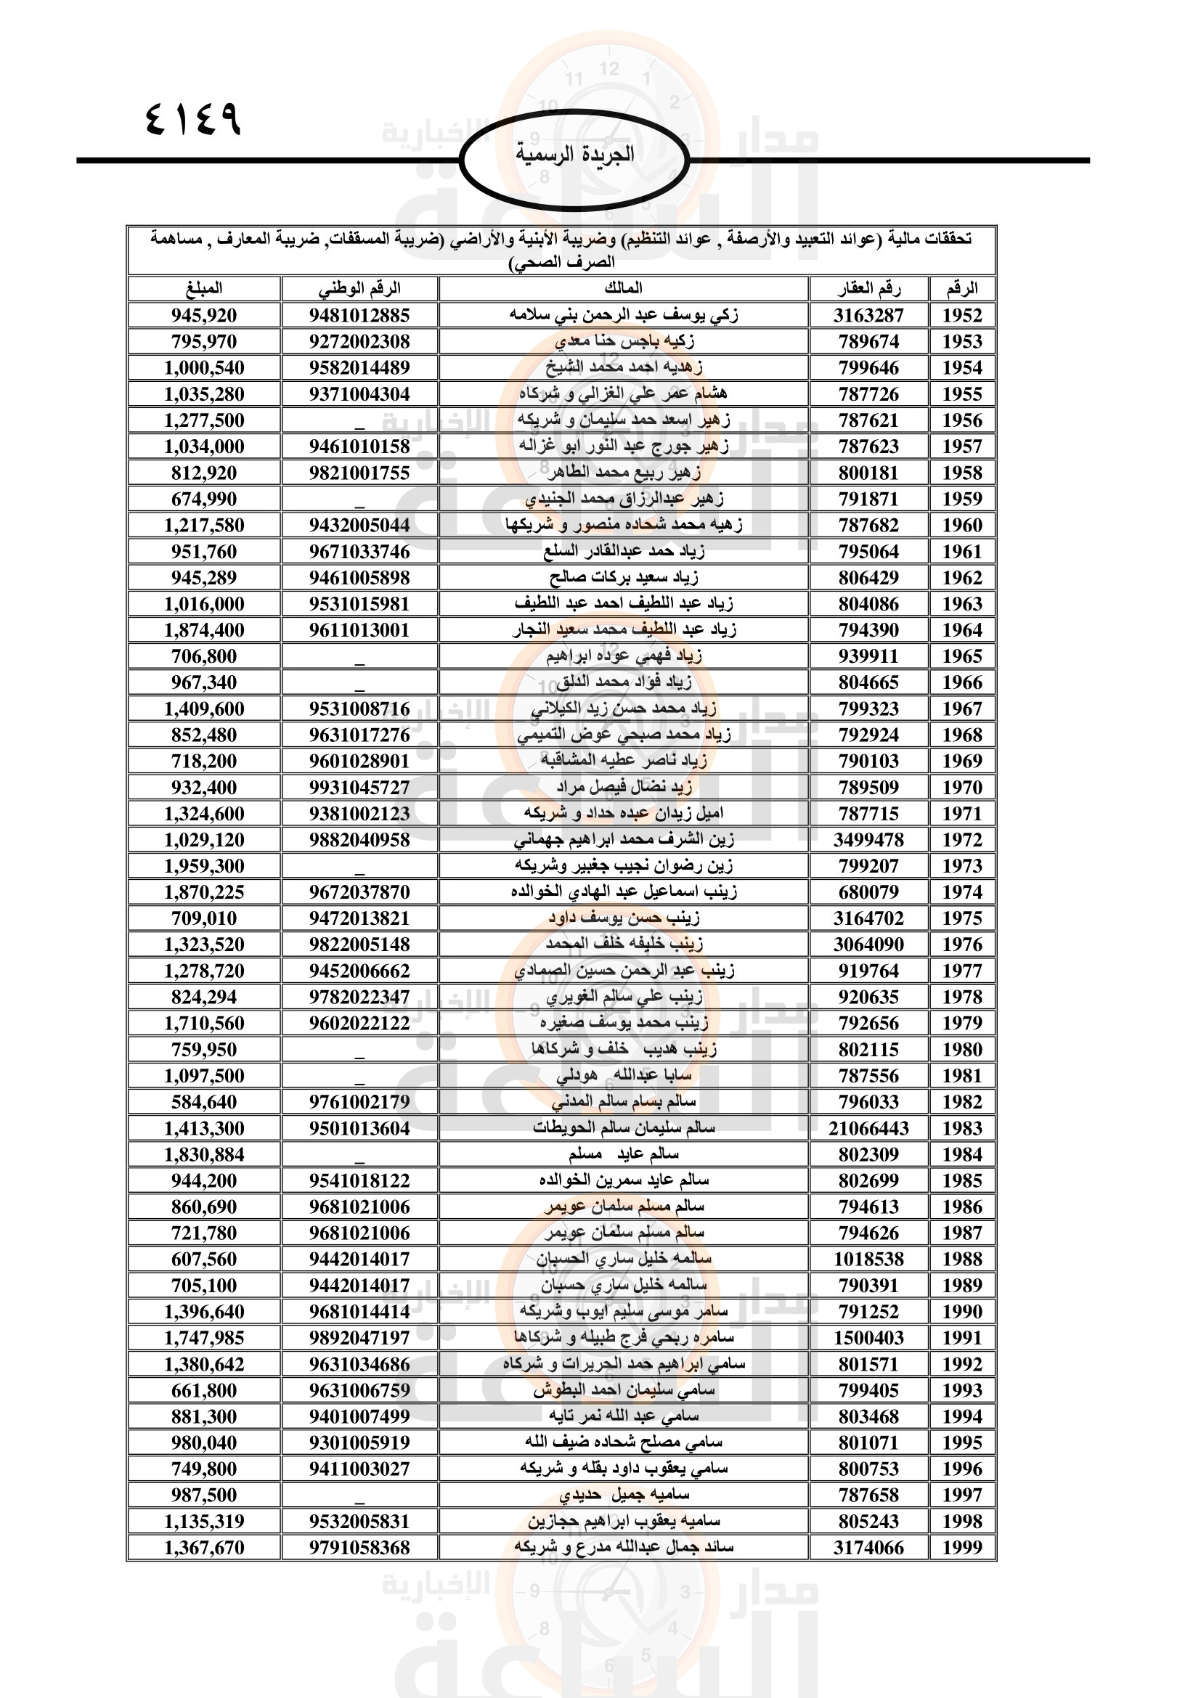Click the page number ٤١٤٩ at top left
(x=194, y=119)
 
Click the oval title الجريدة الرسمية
(x=574, y=155)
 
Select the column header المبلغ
(x=204, y=288)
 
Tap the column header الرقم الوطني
(x=359, y=288)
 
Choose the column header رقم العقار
(x=868, y=288)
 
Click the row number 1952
(x=961, y=316)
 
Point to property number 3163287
(x=868, y=316)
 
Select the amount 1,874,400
(x=204, y=630)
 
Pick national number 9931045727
(x=359, y=788)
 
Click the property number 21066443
(x=868, y=1129)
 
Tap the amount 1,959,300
(x=204, y=866)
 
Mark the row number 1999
(x=961, y=1548)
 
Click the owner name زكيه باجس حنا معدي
(x=624, y=342)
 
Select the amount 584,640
(x=204, y=1102)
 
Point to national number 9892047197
(x=359, y=1338)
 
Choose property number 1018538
(x=868, y=1260)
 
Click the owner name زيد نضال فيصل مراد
(x=624, y=788)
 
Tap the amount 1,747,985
(x=204, y=1338)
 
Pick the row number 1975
(x=961, y=918)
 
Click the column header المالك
(x=624, y=288)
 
